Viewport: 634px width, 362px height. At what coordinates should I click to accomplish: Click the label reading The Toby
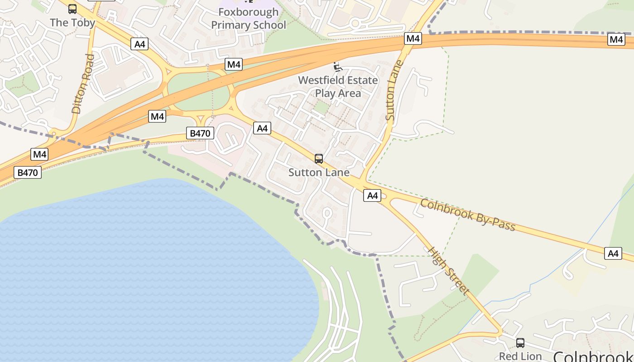(72, 23)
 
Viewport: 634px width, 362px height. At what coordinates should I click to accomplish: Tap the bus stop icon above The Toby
(72, 9)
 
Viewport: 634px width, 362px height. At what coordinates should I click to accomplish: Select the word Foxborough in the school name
(248, 12)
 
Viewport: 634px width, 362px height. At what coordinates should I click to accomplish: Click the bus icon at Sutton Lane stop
(319, 159)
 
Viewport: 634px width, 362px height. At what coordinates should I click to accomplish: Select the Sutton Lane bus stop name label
(319, 172)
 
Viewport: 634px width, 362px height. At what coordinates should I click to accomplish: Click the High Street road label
(448, 271)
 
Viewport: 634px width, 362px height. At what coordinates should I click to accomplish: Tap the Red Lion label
(520, 356)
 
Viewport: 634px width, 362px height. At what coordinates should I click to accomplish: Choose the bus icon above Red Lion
(520, 343)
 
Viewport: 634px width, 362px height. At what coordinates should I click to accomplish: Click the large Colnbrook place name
(593, 356)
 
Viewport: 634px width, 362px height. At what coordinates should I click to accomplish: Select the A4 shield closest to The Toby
(140, 44)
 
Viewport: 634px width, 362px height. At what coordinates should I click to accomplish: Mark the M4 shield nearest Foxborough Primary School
(234, 64)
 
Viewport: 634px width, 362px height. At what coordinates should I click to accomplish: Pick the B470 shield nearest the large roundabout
(200, 133)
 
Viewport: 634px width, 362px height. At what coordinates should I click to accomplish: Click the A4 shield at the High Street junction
(372, 195)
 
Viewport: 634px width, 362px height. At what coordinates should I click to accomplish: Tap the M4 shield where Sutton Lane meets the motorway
(413, 38)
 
